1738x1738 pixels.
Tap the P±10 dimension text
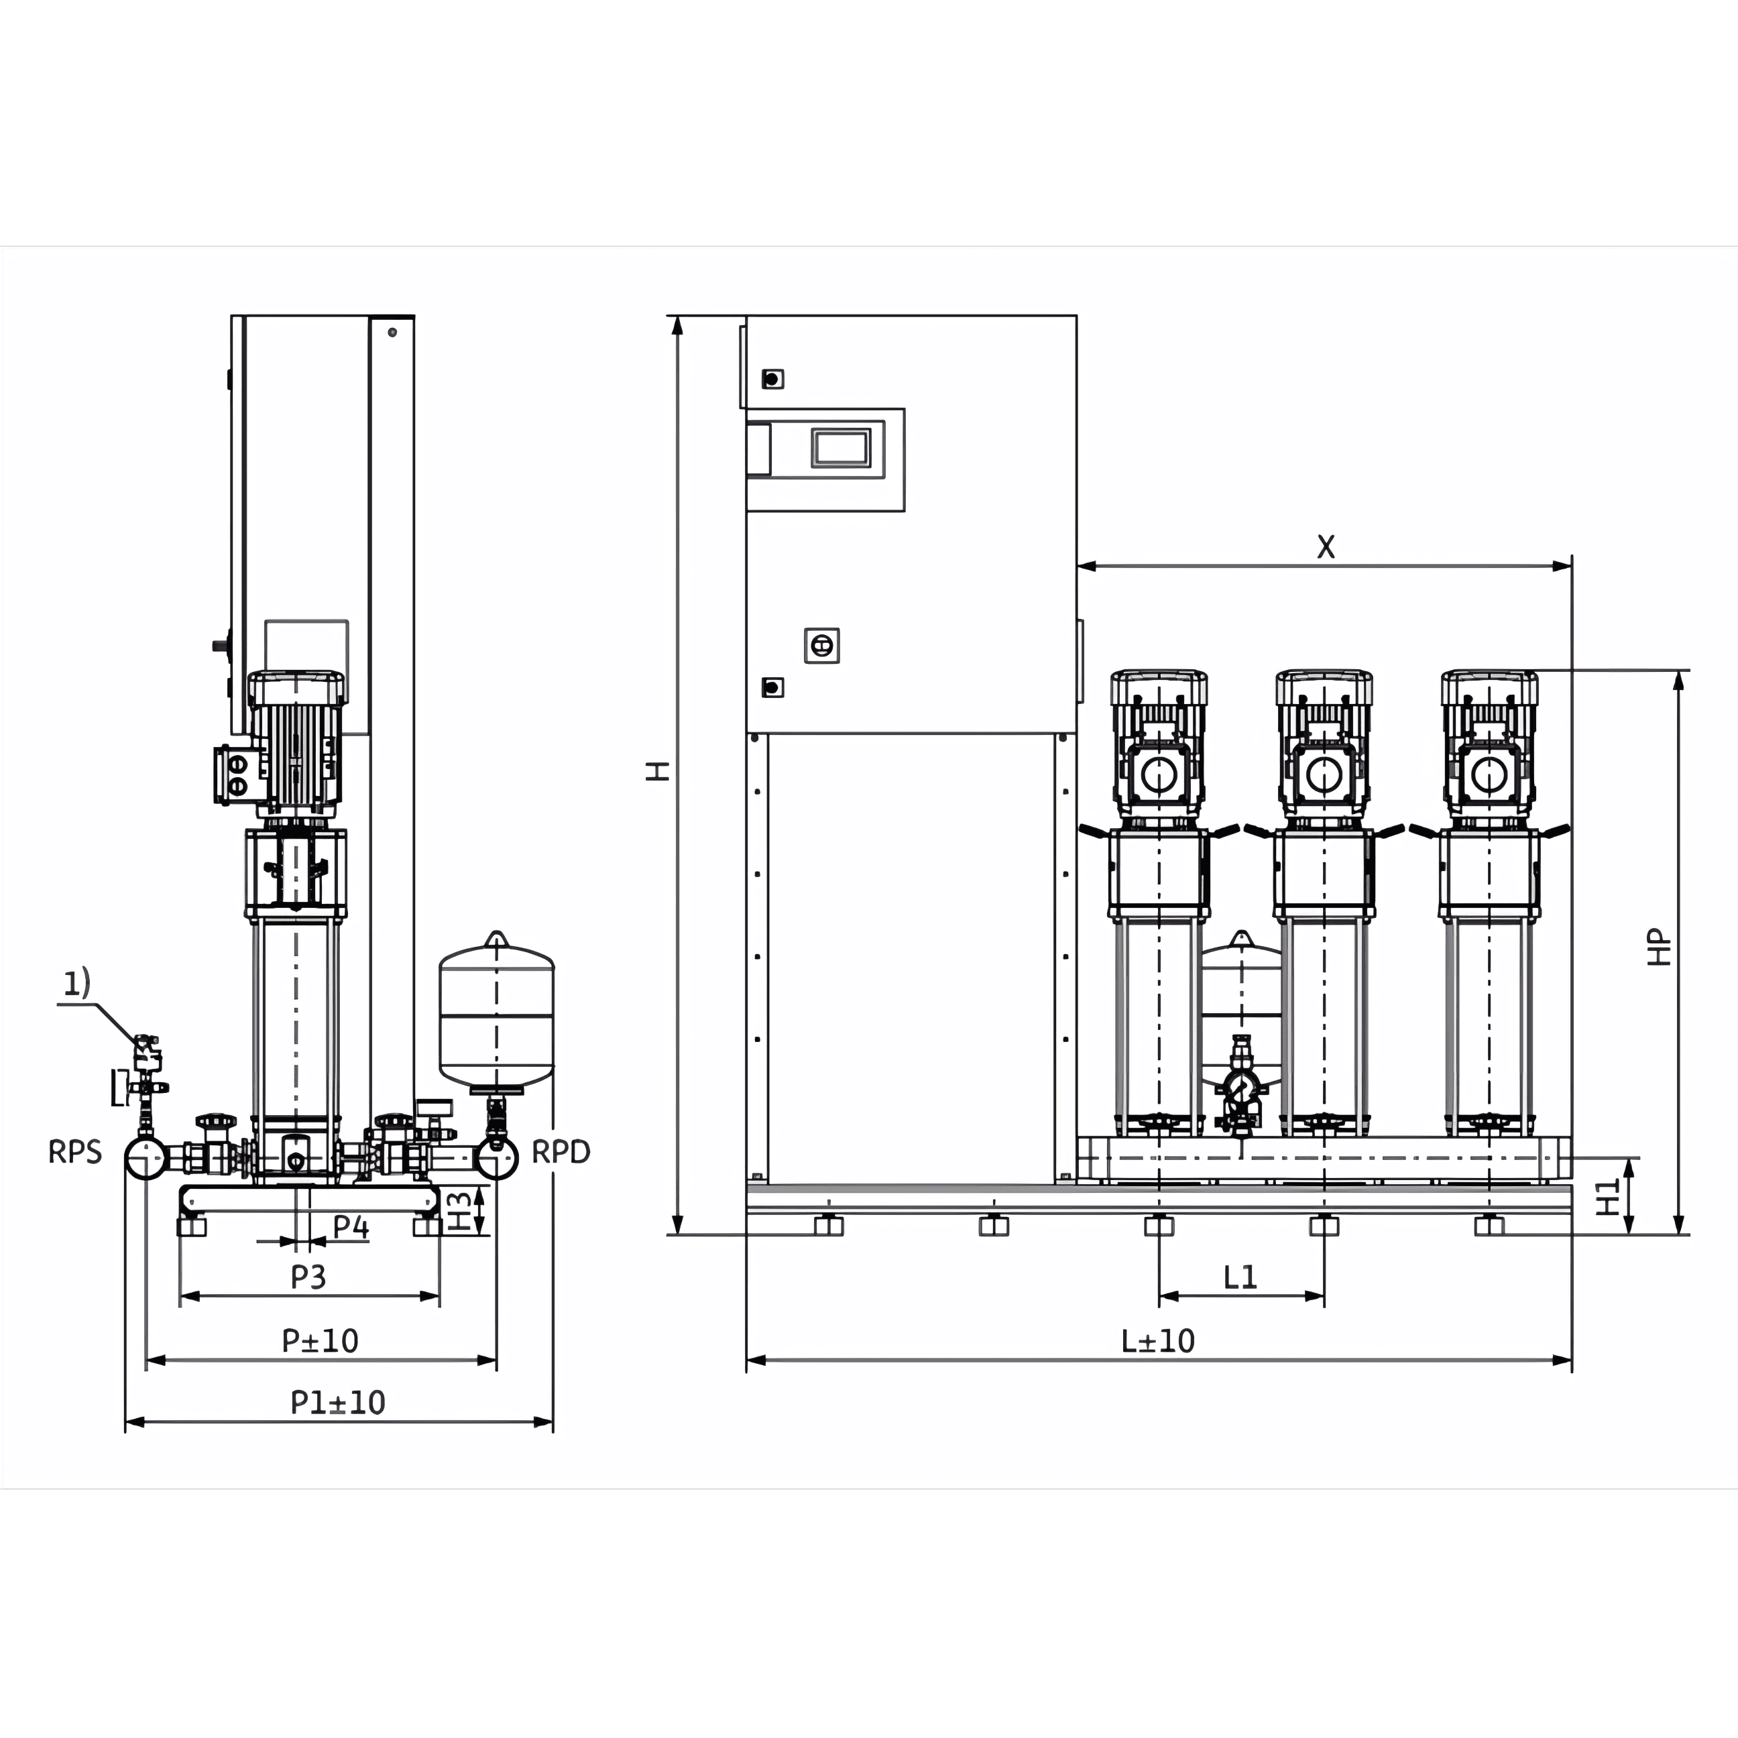321,1340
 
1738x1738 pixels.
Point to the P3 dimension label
308,1277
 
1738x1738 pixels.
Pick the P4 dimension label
351,1226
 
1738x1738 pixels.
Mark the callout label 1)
76,983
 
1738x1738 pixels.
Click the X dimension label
1326,546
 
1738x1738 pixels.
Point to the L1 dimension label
1240,1277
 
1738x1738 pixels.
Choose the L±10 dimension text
1158,1340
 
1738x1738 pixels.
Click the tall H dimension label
658,771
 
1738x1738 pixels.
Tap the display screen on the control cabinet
841,447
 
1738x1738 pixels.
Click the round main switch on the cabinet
821,645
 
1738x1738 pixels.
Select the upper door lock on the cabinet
772,379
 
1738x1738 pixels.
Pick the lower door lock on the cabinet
772,687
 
